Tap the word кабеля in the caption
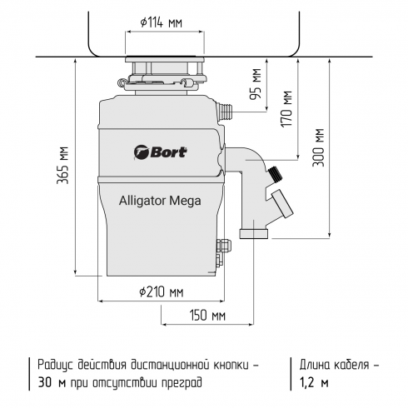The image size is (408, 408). click(x=349, y=365)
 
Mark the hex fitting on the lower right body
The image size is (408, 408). click(x=222, y=247)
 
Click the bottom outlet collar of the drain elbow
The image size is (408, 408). click(x=252, y=231)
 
